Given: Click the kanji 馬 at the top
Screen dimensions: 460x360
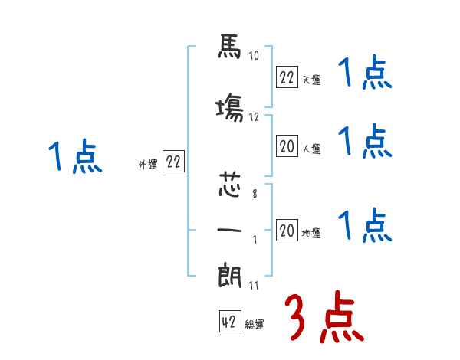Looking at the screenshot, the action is (x=230, y=46).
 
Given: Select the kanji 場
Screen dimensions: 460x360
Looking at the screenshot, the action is (x=230, y=107).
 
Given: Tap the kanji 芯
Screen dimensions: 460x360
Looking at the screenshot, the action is (x=230, y=185).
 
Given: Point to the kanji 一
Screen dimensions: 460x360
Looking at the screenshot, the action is (x=230, y=230).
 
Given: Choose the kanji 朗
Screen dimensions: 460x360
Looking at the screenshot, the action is (x=230, y=275).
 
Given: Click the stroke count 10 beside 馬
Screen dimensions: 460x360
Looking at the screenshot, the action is (x=254, y=55).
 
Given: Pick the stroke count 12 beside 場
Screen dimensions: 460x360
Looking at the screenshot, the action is (x=254, y=117).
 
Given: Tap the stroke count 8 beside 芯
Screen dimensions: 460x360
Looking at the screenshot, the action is (x=255, y=194).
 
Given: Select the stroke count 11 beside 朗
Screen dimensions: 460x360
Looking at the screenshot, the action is (x=254, y=285).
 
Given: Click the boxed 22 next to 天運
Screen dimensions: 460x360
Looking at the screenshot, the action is (x=287, y=77).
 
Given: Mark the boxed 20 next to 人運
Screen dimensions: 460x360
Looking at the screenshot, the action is (x=287, y=146).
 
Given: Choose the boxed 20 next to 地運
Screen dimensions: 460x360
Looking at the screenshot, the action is (x=287, y=230).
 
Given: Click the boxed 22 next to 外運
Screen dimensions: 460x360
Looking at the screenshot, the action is (x=173, y=161).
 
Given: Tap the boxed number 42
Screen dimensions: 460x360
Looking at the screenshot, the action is (x=230, y=321).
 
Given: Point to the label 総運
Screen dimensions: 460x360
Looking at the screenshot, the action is (x=255, y=325).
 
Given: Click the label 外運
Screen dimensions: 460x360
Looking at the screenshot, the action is (x=148, y=165).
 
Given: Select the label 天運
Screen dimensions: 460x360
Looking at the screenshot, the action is (x=311, y=80).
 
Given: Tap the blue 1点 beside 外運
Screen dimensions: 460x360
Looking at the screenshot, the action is (x=75, y=155).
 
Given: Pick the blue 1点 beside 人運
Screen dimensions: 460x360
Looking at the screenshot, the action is (x=365, y=141).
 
